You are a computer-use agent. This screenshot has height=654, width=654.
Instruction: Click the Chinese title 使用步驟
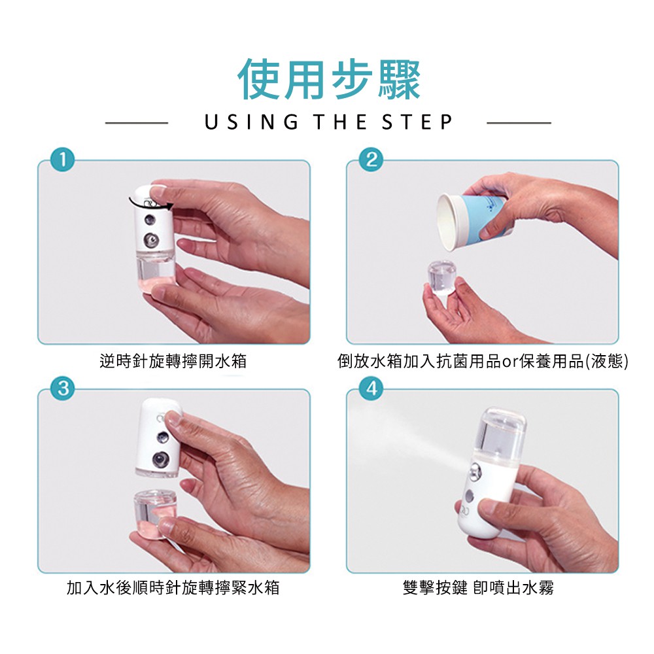click(x=329, y=79)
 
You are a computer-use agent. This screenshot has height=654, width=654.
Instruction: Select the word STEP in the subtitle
click(x=417, y=122)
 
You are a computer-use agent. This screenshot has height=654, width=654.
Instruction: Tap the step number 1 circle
click(x=63, y=160)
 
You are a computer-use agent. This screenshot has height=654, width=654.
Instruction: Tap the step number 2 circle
click(x=371, y=160)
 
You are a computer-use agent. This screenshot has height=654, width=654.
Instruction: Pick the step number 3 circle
click(x=63, y=388)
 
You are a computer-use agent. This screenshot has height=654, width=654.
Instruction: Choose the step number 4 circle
click(x=371, y=388)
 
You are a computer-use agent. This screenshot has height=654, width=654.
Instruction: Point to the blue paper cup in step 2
click(x=472, y=222)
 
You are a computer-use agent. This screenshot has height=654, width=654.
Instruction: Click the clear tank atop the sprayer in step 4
click(x=502, y=435)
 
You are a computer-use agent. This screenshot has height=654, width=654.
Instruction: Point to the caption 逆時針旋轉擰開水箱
click(x=173, y=361)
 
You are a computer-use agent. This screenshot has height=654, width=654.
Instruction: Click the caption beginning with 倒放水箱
click(x=483, y=361)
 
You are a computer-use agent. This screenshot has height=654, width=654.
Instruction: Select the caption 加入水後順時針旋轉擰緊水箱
click(x=173, y=588)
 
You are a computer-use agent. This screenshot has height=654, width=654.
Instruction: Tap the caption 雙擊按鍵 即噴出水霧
click(x=479, y=588)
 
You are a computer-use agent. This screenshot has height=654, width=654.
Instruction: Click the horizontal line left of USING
click(x=137, y=123)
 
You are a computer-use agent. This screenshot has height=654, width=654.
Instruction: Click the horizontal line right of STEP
click(x=519, y=123)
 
